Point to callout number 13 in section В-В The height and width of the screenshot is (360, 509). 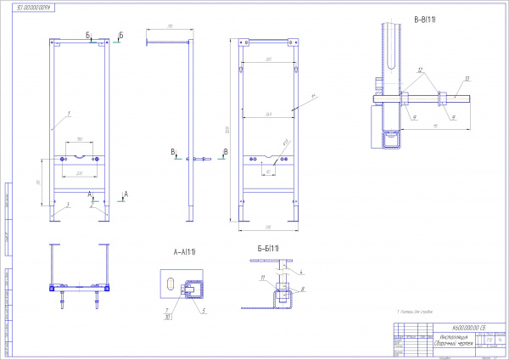467,78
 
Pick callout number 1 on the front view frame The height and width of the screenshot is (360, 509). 69,113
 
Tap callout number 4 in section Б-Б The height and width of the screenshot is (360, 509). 300,270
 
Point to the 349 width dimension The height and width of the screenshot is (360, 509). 268,114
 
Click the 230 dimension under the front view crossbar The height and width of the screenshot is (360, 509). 80,173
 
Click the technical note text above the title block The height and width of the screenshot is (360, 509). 417,313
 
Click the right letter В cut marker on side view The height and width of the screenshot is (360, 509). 225,151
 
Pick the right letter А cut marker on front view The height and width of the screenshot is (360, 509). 126,194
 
